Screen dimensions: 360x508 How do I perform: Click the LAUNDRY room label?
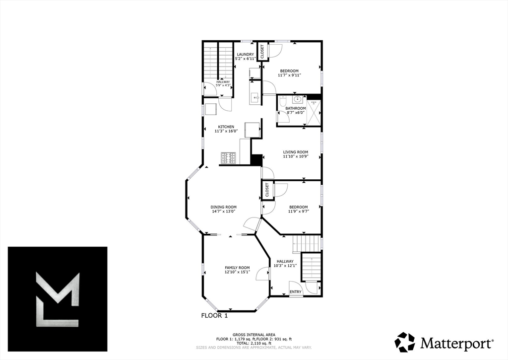[245, 54]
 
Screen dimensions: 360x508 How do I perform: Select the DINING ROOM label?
[223, 207]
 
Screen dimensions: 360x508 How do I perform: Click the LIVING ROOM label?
[296, 152]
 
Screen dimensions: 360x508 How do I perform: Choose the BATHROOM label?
[296, 108]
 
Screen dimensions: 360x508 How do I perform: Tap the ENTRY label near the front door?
[295, 291]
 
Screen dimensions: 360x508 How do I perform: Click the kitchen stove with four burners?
[228, 158]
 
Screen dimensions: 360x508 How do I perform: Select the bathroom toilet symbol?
[282, 102]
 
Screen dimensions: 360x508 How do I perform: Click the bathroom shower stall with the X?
[314, 110]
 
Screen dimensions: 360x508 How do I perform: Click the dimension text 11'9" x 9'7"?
[298, 211]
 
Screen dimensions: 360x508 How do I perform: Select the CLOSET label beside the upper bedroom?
[262, 52]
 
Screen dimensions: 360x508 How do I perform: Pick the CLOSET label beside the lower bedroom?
[267, 190]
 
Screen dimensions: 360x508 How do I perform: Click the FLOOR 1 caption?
[214, 315]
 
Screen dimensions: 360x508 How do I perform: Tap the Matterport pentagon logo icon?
[404, 342]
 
